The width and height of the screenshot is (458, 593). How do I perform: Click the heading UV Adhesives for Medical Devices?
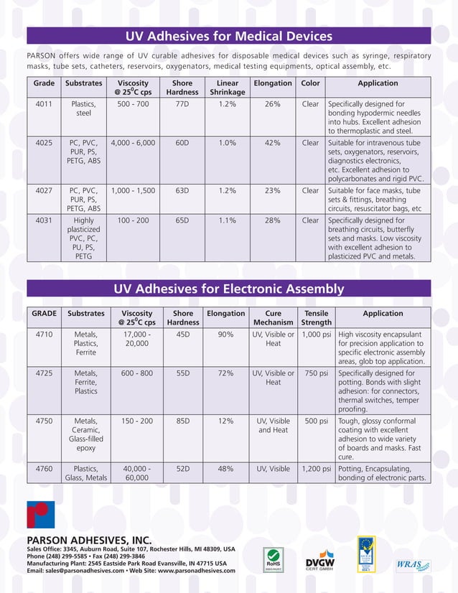pyautogui.click(x=228, y=36)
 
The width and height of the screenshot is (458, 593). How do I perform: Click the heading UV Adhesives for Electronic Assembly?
pyautogui.click(x=228, y=289)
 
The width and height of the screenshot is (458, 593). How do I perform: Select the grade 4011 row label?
pyautogui.click(x=44, y=104)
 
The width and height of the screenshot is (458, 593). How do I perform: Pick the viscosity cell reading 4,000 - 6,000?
pyautogui.click(x=133, y=143)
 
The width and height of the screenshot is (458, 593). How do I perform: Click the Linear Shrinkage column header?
pyautogui.click(x=228, y=88)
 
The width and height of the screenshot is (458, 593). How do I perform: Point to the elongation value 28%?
pyautogui.click(x=272, y=220)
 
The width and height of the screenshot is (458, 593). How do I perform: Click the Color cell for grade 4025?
pyautogui.click(x=310, y=143)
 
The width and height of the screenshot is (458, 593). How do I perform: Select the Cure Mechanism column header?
pyautogui.click(x=274, y=318)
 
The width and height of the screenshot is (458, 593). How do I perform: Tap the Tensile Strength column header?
pyautogui.click(x=317, y=318)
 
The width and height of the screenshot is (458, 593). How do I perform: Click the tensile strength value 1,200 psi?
pyautogui.click(x=317, y=469)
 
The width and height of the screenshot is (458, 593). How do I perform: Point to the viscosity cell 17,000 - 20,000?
pyautogui.click(x=137, y=339)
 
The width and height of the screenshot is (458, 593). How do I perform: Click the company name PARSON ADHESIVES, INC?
pyautogui.click(x=89, y=539)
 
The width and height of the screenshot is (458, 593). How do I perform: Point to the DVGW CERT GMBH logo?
pyautogui.click(x=320, y=560)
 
